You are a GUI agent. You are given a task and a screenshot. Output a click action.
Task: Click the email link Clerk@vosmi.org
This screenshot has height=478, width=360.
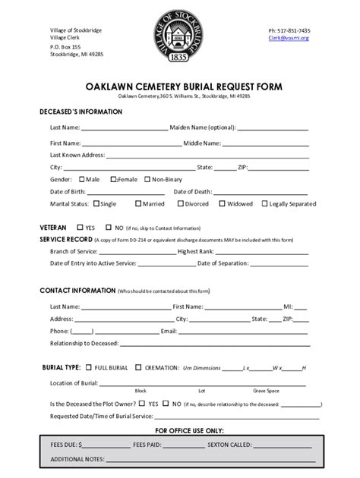point(289,37)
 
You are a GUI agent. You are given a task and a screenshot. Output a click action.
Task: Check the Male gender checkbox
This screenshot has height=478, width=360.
point(82,179)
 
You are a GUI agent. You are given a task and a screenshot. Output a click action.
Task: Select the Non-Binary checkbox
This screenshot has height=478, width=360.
point(148,179)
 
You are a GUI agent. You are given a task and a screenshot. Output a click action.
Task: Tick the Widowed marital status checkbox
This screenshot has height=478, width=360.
point(223,203)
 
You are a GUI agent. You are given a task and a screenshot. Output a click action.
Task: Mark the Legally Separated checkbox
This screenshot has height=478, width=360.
point(265,203)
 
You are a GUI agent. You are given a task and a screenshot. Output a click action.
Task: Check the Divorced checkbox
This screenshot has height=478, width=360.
point(181,203)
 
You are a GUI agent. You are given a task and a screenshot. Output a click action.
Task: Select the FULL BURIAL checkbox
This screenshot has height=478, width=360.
point(89,367)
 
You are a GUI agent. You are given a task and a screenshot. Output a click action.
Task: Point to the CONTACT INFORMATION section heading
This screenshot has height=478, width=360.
point(77,291)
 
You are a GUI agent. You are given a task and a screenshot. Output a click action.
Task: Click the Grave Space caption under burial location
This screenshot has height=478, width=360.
point(266,391)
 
